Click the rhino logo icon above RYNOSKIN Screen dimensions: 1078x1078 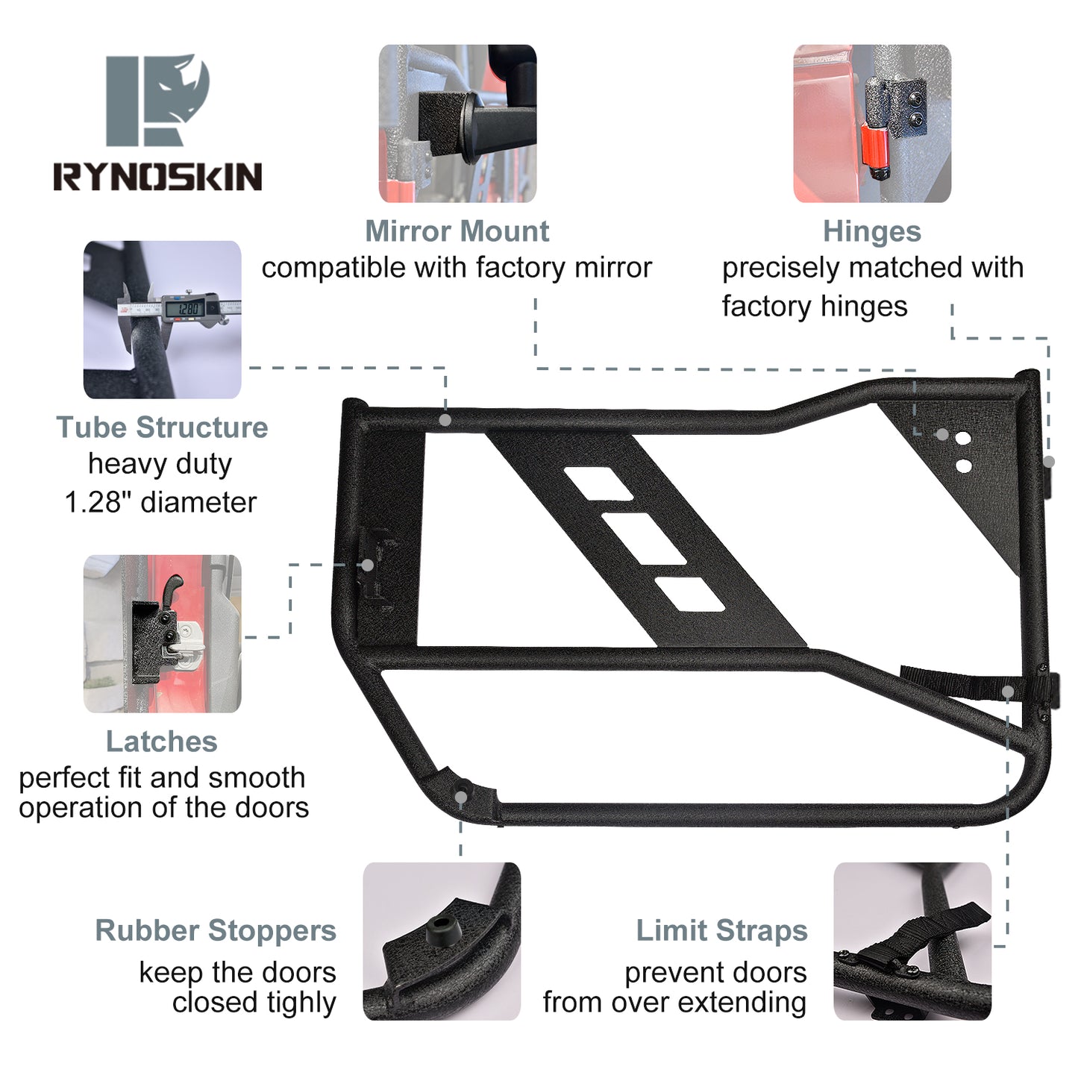click(157, 99)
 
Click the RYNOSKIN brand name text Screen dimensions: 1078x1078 click(157, 177)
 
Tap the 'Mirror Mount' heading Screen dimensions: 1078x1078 click(457, 231)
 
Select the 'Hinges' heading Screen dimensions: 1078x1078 click(871, 231)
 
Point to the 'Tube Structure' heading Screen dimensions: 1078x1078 click(162, 427)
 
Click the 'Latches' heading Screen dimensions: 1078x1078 click(162, 742)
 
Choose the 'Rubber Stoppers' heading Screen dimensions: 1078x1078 click(216, 930)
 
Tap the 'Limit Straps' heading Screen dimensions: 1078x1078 click(721, 930)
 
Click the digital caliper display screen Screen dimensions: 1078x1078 click(183, 307)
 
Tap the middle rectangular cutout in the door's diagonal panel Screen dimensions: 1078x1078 click(644, 538)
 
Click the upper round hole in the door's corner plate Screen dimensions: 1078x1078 click(963, 438)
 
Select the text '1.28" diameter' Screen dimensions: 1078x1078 click(160, 502)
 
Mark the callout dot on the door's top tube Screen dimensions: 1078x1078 click(445, 420)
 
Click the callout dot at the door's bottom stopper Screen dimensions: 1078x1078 click(461, 797)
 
